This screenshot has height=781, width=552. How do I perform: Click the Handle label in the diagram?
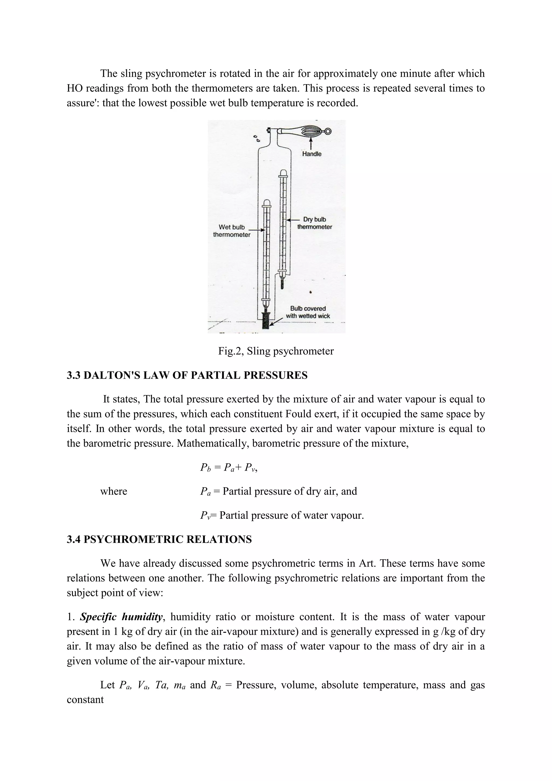point(312,154)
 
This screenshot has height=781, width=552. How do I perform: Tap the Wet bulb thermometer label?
point(232,231)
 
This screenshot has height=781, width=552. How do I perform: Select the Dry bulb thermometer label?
point(315,223)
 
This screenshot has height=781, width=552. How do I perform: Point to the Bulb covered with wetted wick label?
point(308,312)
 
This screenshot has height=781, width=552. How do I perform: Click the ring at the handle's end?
point(328,131)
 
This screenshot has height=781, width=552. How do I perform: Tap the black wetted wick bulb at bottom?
point(265,320)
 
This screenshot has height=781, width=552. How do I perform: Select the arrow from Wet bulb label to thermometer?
point(258,230)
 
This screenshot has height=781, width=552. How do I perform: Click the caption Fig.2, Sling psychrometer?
point(276,351)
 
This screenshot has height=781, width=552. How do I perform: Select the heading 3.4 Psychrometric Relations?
point(159,539)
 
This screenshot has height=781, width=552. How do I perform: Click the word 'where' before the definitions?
point(113,491)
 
